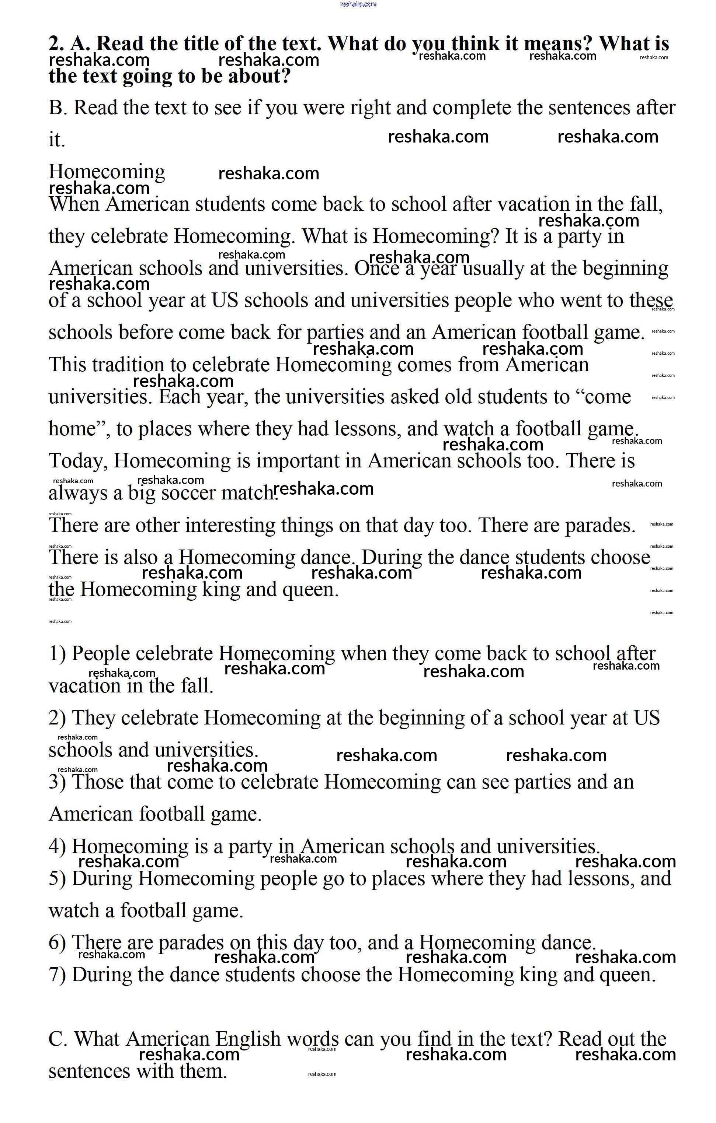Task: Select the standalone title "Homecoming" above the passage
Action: click(x=107, y=172)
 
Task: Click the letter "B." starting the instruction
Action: click(x=58, y=108)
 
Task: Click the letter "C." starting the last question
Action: click(x=58, y=1039)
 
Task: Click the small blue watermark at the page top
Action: click(x=358, y=4)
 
